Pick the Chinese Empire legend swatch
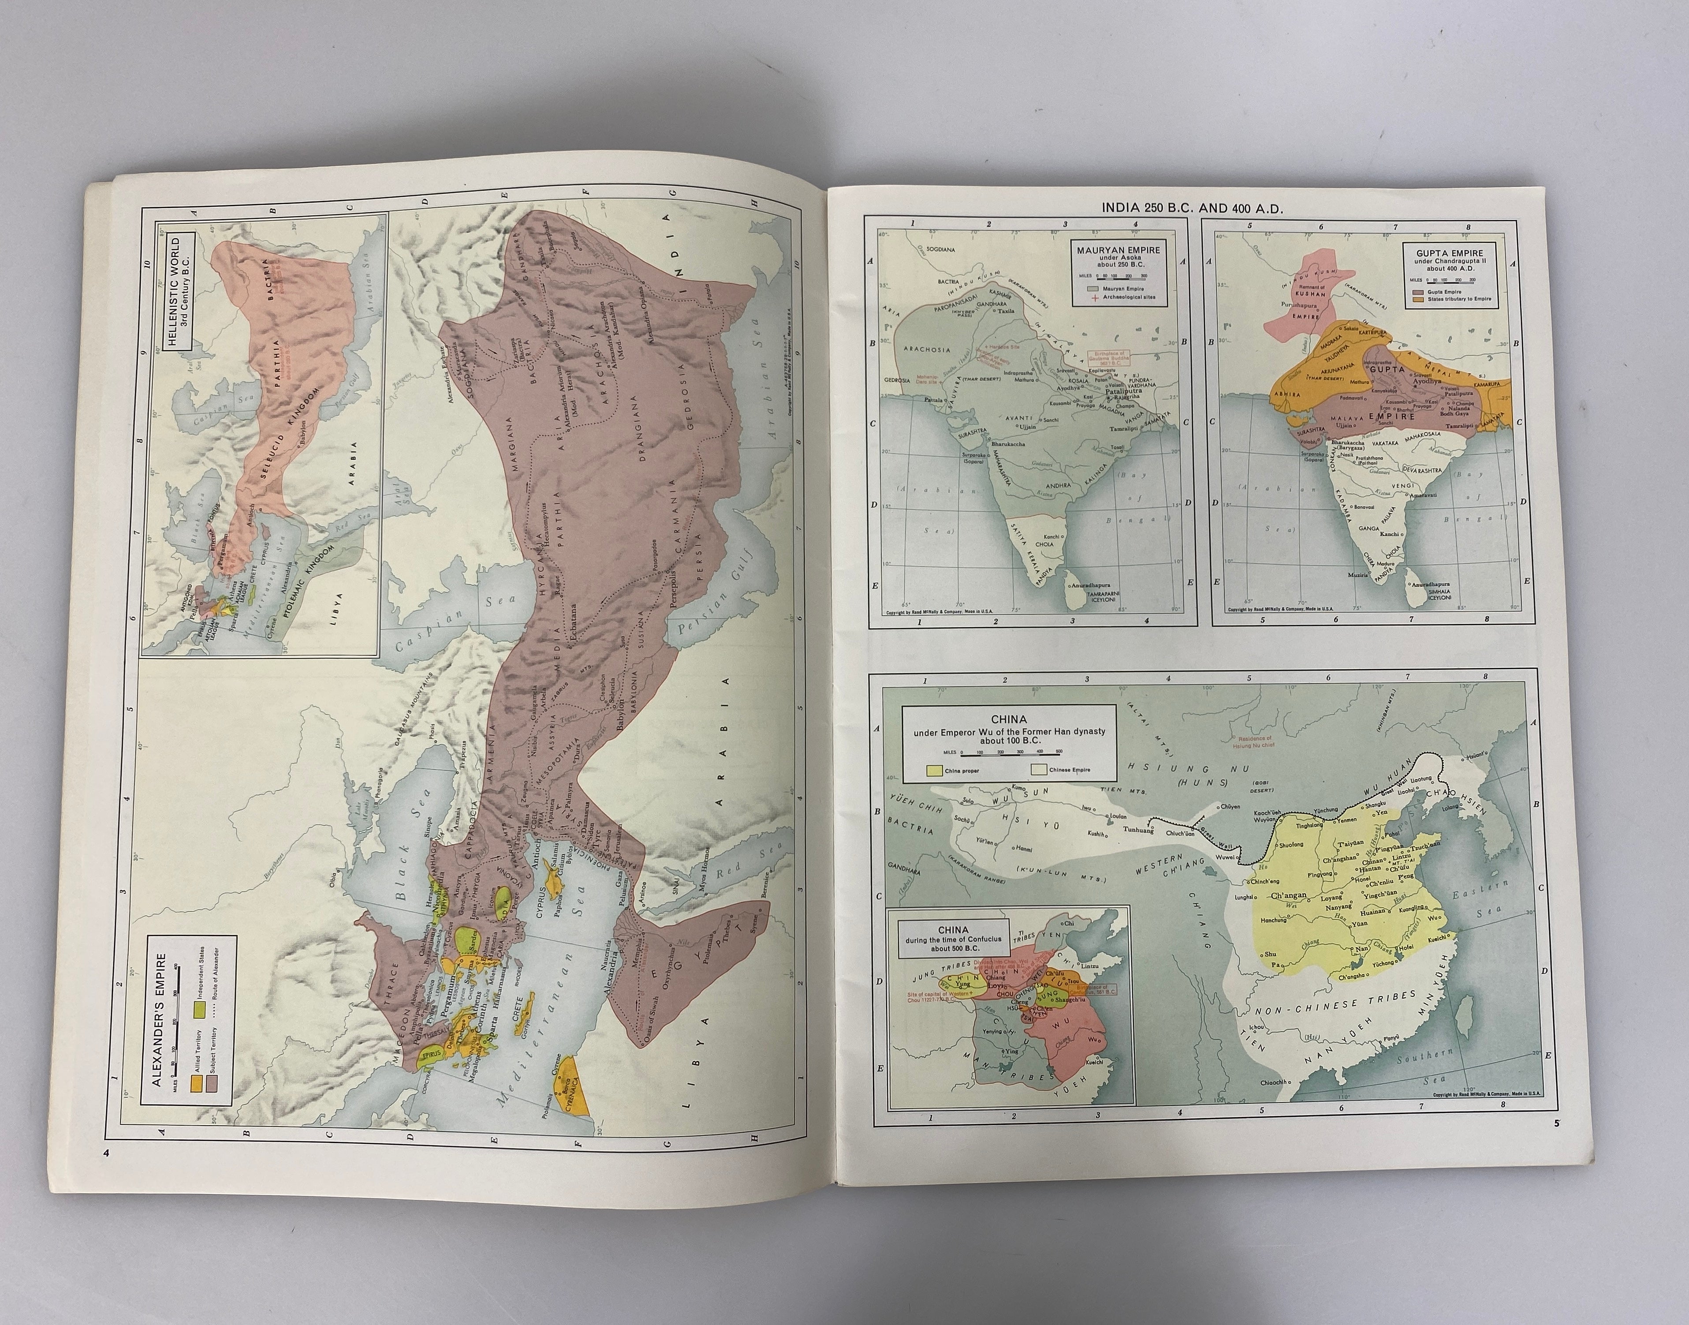[1039, 770]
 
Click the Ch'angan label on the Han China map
[1289, 896]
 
